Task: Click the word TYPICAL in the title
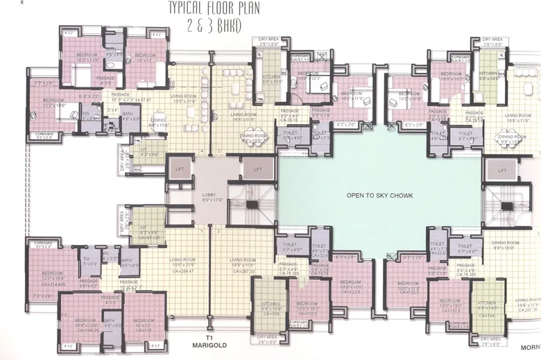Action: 184,10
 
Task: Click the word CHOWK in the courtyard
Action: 400,196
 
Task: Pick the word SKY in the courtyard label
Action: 378,196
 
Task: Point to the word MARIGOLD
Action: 207,343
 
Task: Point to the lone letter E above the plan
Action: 22,3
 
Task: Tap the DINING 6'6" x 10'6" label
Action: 160,121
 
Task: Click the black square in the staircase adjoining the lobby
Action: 250,205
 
